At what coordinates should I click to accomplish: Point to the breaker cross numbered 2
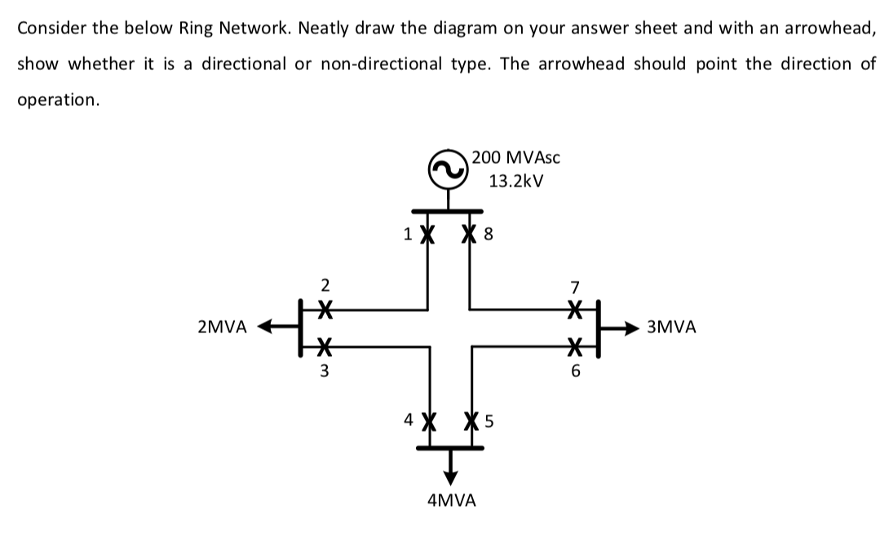(325, 310)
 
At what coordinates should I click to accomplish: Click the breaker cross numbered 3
(325, 346)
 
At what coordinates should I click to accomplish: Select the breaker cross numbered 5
(470, 423)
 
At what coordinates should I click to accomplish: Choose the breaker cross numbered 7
(576, 310)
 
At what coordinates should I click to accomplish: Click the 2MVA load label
(222, 328)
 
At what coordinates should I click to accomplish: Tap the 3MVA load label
(671, 328)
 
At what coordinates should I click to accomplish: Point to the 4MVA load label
(451, 500)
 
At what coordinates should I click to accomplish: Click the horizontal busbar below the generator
(449, 213)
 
